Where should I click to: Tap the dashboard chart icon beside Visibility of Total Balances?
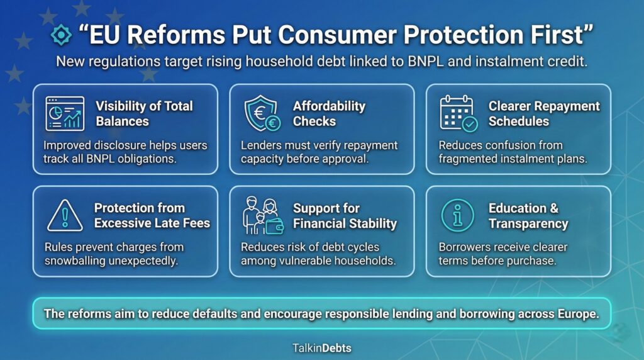pyautogui.click(x=65, y=114)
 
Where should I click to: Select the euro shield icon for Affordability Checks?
pyautogui.click(x=262, y=114)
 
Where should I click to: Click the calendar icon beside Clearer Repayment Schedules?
pyautogui.click(x=458, y=114)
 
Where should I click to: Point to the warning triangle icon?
pyautogui.click(x=65, y=216)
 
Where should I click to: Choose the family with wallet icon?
pyautogui.click(x=262, y=216)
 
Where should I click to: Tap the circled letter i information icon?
pyautogui.click(x=458, y=216)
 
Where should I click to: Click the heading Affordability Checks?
pyautogui.click(x=329, y=114)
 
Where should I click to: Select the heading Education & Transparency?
pyautogui.click(x=528, y=216)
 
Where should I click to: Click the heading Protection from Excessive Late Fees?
pyautogui.click(x=152, y=215)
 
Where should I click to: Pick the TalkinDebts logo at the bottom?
pyautogui.click(x=321, y=347)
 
